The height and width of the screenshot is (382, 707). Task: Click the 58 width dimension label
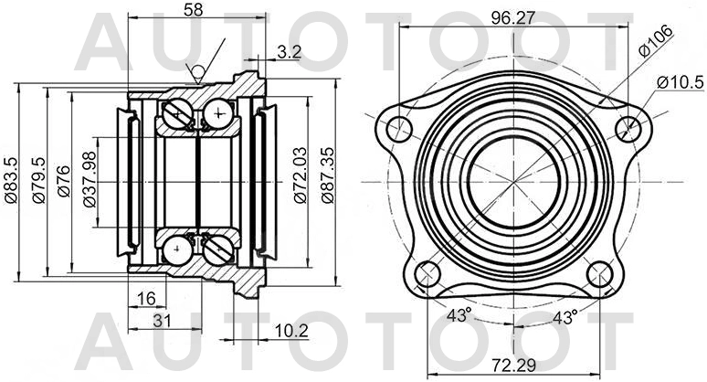click(x=193, y=12)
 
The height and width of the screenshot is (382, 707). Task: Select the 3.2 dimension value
click(x=289, y=53)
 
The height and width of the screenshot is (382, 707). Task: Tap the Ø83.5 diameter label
click(x=12, y=181)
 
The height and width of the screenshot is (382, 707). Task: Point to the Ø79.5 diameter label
click(x=38, y=181)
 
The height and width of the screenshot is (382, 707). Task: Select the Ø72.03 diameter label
click(x=299, y=181)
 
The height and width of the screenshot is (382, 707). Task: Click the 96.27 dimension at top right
click(x=512, y=16)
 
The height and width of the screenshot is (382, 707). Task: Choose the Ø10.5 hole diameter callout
click(x=679, y=83)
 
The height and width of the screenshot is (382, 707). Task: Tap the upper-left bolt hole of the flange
click(x=399, y=129)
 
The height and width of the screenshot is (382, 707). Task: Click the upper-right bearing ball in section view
click(x=220, y=114)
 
